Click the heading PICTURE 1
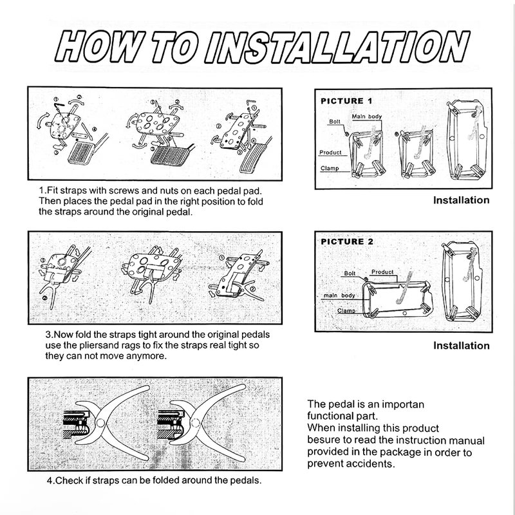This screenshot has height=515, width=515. pyautogui.click(x=346, y=101)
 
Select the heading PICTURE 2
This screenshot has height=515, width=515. pyautogui.click(x=347, y=242)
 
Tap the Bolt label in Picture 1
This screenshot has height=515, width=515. pyautogui.click(x=335, y=122)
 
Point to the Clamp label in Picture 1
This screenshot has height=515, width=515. pyautogui.click(x=330, y=168)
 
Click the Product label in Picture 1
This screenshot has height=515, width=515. pyautogui.click(x=330, y=153)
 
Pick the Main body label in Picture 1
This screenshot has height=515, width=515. pyautogui.click(x=366, y=117)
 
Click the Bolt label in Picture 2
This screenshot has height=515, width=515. pyautogui.click(x=350, y=273)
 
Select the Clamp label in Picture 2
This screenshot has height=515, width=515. pyautogui.click(x=346, y=311)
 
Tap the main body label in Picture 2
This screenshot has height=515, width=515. pyautogui.click(x=339, y=295)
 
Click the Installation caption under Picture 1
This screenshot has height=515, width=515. pyautogui.click(x=461, y=200)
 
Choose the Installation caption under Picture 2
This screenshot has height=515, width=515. pyautogui.click(x=461, y=346)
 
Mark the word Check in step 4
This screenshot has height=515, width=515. pyautogui.click(x=69, y=480)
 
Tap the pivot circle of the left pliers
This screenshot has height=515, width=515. pyautogui.click(x=100, y=422)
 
